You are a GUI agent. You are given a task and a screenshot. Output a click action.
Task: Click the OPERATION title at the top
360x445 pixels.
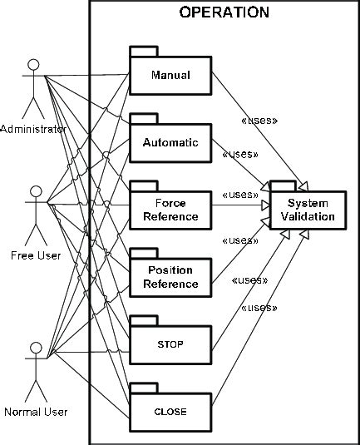[x=224, y=12]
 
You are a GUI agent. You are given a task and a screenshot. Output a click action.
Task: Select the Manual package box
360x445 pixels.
[x=170, y=76]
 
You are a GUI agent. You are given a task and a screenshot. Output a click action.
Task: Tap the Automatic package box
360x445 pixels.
[x=170, y=142]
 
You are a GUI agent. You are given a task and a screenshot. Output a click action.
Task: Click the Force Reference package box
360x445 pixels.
[x=170, y=210]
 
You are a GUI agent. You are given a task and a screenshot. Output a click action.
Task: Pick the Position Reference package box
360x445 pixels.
[x=170, y=277]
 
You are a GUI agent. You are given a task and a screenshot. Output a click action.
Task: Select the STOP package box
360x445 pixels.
[x=170, y=344]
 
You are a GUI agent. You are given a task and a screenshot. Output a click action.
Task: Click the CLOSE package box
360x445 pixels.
[x=170, y=411]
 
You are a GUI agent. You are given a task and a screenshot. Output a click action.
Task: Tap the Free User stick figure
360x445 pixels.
[x=35, y=212]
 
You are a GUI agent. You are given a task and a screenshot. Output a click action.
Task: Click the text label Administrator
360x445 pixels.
[x=33, y=129]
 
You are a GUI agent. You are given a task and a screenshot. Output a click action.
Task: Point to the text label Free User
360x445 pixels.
[x=35, y=255]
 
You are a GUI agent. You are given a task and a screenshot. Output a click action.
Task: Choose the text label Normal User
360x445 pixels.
[x=35, y=411]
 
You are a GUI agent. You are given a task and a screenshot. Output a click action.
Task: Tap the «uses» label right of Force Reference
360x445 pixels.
[x=239, y=195]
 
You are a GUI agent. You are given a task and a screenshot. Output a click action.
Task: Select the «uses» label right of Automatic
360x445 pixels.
[x=239, y=154]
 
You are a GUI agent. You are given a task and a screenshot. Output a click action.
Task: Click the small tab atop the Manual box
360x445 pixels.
[x=144, y=51]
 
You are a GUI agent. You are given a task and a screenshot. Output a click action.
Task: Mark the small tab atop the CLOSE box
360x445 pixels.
[x=144, y=386]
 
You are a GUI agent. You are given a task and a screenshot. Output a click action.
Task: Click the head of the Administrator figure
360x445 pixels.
[x=34, y=65]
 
